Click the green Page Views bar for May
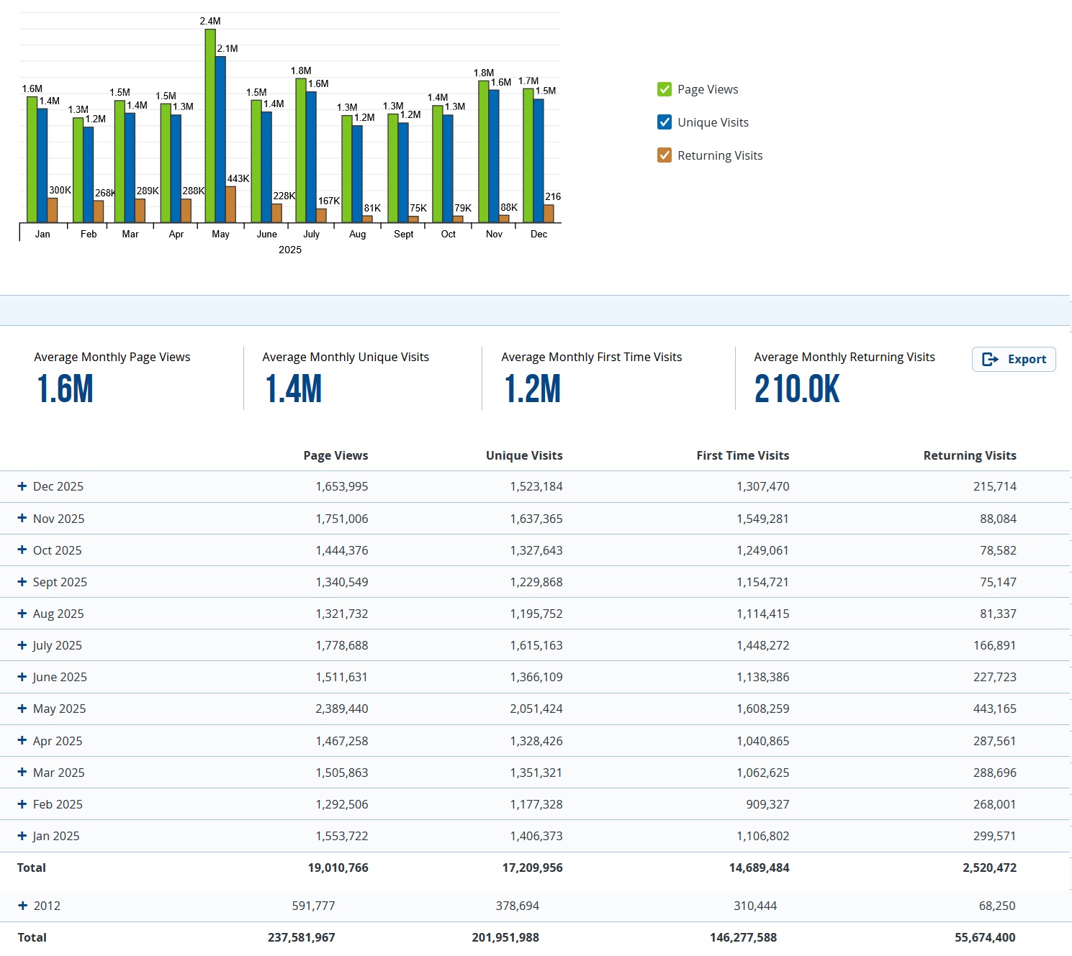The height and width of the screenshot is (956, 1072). [x=210, y=126]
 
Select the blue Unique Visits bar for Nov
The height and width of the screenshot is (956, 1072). [x=494, y=155]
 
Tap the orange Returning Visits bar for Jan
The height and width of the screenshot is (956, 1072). [x=53, y=210]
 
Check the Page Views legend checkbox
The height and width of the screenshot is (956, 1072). [x=665, y=89]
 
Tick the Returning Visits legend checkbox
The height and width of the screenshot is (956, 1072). [x=665, y=155]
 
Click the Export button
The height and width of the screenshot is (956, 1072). [x=1014, y=359]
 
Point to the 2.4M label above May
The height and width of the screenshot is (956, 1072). [x=210, y=22]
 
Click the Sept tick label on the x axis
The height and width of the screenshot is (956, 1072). [x=403, y=235]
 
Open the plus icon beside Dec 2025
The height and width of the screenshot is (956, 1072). [x=22, y=486]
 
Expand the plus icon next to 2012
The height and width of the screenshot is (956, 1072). [x=22, y=906]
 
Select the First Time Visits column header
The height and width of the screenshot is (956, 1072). [x=742, y=455]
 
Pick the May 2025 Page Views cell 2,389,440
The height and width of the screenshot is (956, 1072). [x=341, y=709]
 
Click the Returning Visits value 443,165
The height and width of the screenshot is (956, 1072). [x=994, y=709]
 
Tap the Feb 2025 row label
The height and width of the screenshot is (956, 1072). [x=58, y=804]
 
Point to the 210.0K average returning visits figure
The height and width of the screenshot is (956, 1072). [x=797, y=389]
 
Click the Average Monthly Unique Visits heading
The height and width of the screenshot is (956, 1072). [x=346, y=357]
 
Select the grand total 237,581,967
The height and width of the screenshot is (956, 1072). [x=301, y=937]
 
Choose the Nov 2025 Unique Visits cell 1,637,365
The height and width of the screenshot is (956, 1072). [x=536, y=519]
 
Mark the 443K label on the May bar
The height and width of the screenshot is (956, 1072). [x=238, y=178]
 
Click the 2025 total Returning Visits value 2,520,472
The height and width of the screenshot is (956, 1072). [x=989, y=868]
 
